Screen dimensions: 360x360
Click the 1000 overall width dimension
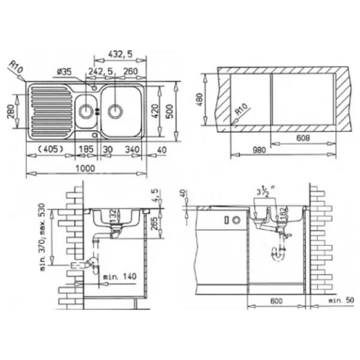coord(85,168)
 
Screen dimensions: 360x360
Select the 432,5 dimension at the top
coord(121,54)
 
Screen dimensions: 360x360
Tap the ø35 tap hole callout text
coord(64,72)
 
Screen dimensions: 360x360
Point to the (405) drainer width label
coord(50,149)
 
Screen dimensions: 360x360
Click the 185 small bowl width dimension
coord(86,149)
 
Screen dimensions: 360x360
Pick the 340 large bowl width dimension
coord(132,149)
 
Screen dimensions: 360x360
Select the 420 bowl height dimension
coord(155,111)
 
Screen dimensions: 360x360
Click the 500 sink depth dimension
coord(170,111)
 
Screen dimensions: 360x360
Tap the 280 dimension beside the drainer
coord(11,111)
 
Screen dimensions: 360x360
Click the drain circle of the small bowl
coord(86,111)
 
